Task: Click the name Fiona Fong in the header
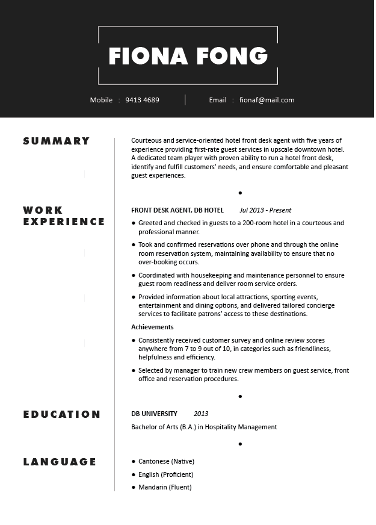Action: tap(188, 55)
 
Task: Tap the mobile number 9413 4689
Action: tap(142, 100)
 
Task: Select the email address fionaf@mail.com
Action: tap(267, 100)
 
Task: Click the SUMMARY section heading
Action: tap(57, 141)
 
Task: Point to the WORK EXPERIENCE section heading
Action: tap(64, 216)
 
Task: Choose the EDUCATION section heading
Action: tap(62, 414)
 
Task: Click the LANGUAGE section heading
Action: tap(60, 462)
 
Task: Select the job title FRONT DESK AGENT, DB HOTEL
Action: tap(177, 210)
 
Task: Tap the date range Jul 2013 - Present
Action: tap(265, 210)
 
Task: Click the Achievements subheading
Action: tap(152, 327)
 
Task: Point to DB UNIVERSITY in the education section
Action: tap(154, 414)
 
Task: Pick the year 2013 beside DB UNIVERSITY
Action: tap(201, 414)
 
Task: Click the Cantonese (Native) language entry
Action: tap(166, 461)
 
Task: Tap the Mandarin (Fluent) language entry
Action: tap(165, 487)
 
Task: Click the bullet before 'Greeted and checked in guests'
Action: tap(134, 223)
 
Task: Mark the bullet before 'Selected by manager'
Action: tap(134, 371)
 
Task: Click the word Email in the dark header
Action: tap(218, 100)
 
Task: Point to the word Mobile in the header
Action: tap(101, 100)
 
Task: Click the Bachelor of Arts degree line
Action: tap(204, 427)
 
